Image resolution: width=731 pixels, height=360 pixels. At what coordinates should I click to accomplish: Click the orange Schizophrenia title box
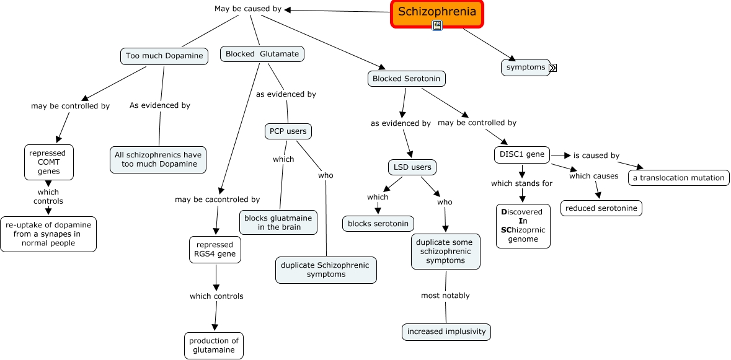point(436,12)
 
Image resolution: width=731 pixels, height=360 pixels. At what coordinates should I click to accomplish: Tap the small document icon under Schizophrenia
point(437,25)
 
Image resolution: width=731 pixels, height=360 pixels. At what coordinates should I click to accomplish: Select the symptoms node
point(525,67)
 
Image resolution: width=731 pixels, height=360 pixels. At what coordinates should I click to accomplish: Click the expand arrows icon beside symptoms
point(553,68)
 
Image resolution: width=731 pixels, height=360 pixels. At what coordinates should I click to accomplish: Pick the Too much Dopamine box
point(164,56)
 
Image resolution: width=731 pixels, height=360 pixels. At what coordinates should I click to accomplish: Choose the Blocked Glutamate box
point(262,54)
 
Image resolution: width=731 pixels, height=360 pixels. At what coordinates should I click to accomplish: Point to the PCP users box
point(288,131)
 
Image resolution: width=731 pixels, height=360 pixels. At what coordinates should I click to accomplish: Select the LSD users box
point(412,167)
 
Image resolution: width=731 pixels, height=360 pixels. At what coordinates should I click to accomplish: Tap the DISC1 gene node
point(522,154)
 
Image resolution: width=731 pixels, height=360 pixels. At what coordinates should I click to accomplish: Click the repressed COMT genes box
point(49,162)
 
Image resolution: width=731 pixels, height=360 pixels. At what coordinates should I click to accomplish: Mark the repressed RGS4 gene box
point(215,249)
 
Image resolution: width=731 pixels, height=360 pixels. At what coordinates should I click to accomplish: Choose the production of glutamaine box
point(214,345)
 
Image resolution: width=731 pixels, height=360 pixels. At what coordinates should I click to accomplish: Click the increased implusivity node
point(446,331)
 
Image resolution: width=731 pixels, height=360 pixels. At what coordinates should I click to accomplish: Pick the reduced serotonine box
point(601,208)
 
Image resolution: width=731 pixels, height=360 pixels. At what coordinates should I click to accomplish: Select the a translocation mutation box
point(678,178)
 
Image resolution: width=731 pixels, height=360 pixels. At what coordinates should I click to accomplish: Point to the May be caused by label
point(248,9)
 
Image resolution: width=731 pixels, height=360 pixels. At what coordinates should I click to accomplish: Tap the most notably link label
point(445,296)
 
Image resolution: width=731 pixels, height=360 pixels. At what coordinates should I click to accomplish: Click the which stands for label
point(521,183)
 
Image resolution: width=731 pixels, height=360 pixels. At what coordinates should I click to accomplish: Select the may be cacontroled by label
point(217,200)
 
